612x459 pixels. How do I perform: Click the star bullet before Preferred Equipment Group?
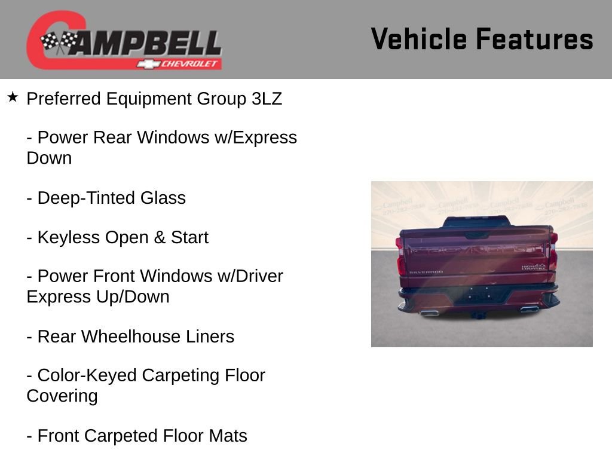pyautogui.click(x=13, y=97)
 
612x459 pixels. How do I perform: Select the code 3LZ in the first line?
pyautogui.click(x=267, y=99)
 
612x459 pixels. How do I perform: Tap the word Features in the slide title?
pyautogui.click(x=534, y=39)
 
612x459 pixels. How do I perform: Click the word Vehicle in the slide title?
pyautogui.click(x=418, y=39)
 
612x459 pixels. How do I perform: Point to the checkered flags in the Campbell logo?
pyautogui.click(x=59, y=42)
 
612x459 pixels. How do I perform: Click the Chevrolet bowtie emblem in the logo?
pyautogui.click(x=146, y=64)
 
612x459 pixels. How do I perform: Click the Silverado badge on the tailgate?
pyautogui.click(x=426, y=272)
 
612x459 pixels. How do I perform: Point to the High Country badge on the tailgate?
pyautogui.click(x=534, y=267)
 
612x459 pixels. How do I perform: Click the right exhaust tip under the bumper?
pyautogui.click(x=528, y=309)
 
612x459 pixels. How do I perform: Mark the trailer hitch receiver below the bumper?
pyautogui.click(x=477, y=314)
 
